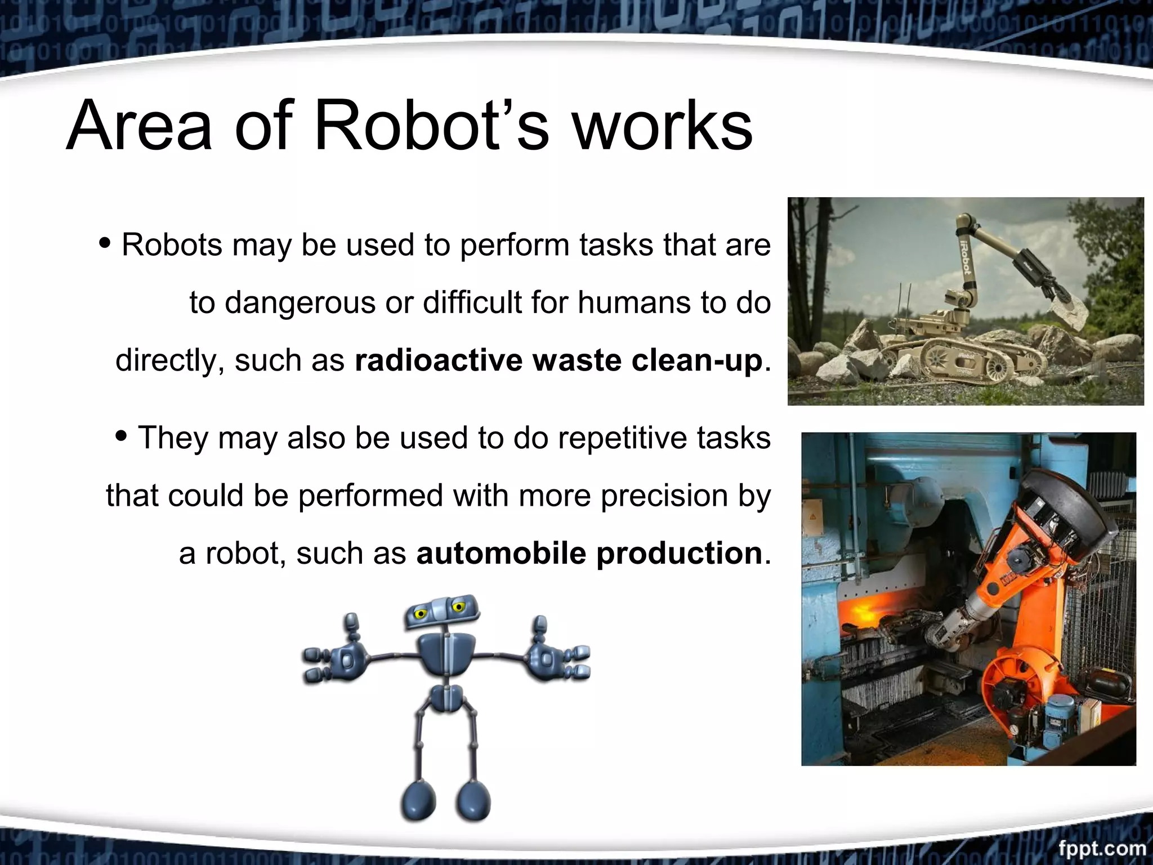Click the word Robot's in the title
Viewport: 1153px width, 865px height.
pos(431,125)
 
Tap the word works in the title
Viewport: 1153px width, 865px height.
pos(662,125)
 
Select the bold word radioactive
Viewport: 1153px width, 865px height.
pos(438,360)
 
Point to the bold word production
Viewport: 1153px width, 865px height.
pos(680,553)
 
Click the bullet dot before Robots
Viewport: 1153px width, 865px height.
pos(105,243)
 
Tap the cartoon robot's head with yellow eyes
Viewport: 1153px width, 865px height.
pos(442,612)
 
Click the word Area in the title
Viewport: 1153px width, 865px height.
pos(140,125)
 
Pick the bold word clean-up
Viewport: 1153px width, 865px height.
pos(697,360)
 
